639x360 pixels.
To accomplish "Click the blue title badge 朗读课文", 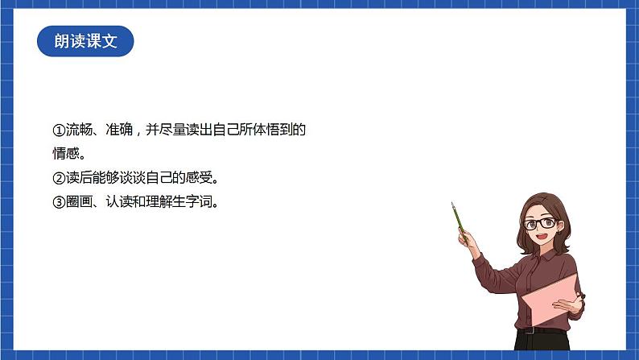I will coord(85,41).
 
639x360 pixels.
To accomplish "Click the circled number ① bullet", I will coord(58,130).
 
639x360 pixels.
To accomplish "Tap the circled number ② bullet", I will coord(58,177).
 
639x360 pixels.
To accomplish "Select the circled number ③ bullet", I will coord(58,202).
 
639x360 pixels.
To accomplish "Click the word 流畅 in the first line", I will coord(76,130).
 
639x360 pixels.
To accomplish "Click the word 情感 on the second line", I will coord(64,153).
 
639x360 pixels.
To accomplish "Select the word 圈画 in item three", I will coord(76,202).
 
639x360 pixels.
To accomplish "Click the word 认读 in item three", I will coord(119,202).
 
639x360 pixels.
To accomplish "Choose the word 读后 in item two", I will coord(76,177).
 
